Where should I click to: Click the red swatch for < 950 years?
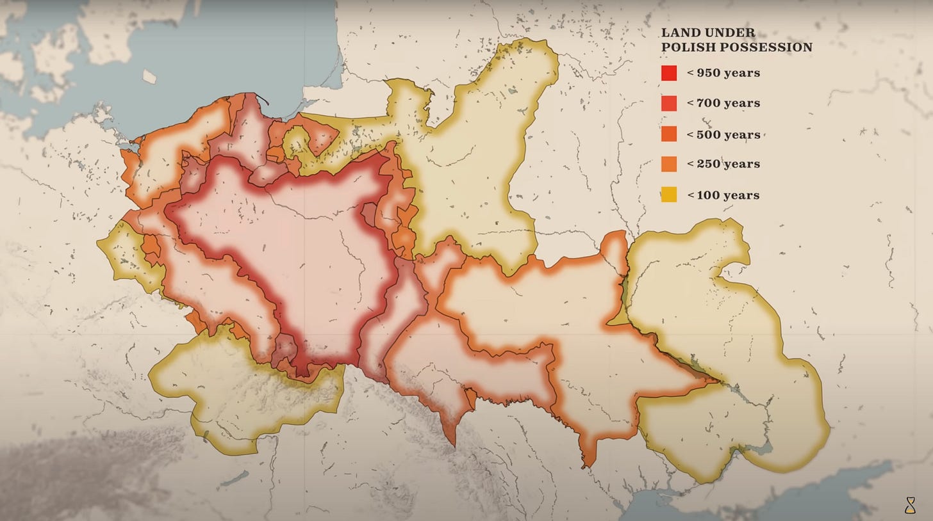[669, 73]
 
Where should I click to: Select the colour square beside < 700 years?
[669, 103]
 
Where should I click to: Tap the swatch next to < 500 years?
[669, 134]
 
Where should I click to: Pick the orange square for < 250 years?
[669, 164]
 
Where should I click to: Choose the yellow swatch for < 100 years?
[669, 195]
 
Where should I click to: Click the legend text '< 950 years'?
[723, 73]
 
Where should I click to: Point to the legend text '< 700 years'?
[723, 103]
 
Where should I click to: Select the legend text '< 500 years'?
[723, 134]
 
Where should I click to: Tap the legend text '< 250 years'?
[723, 164]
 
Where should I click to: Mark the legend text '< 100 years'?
[723, 195]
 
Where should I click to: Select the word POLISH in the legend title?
[688, 47]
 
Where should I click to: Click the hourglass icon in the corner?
[911, 506]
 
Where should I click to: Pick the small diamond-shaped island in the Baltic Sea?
[149, 76]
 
